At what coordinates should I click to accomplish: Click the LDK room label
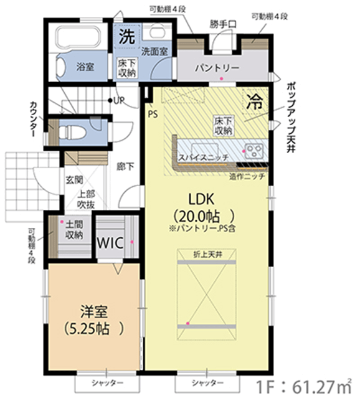point(201,200)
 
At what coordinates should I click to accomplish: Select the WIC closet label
point(110,243)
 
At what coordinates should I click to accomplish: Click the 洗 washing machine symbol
point(127,37)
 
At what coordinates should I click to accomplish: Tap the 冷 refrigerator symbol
point(255,101)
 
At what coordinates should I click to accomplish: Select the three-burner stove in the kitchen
point(254,151)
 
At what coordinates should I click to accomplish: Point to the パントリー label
point(217,68)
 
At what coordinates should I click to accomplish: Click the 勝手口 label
point(223,25)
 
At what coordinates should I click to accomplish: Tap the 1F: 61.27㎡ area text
point(303,387)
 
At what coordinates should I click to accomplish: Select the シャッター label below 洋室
point(107,383)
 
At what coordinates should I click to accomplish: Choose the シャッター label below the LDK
point(207,383)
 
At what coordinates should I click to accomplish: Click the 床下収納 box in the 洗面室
point(127,68)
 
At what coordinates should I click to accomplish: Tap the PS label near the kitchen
point(153,114)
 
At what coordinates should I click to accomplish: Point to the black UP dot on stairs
point(110,100)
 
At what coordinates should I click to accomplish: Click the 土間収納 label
point(74,230)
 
